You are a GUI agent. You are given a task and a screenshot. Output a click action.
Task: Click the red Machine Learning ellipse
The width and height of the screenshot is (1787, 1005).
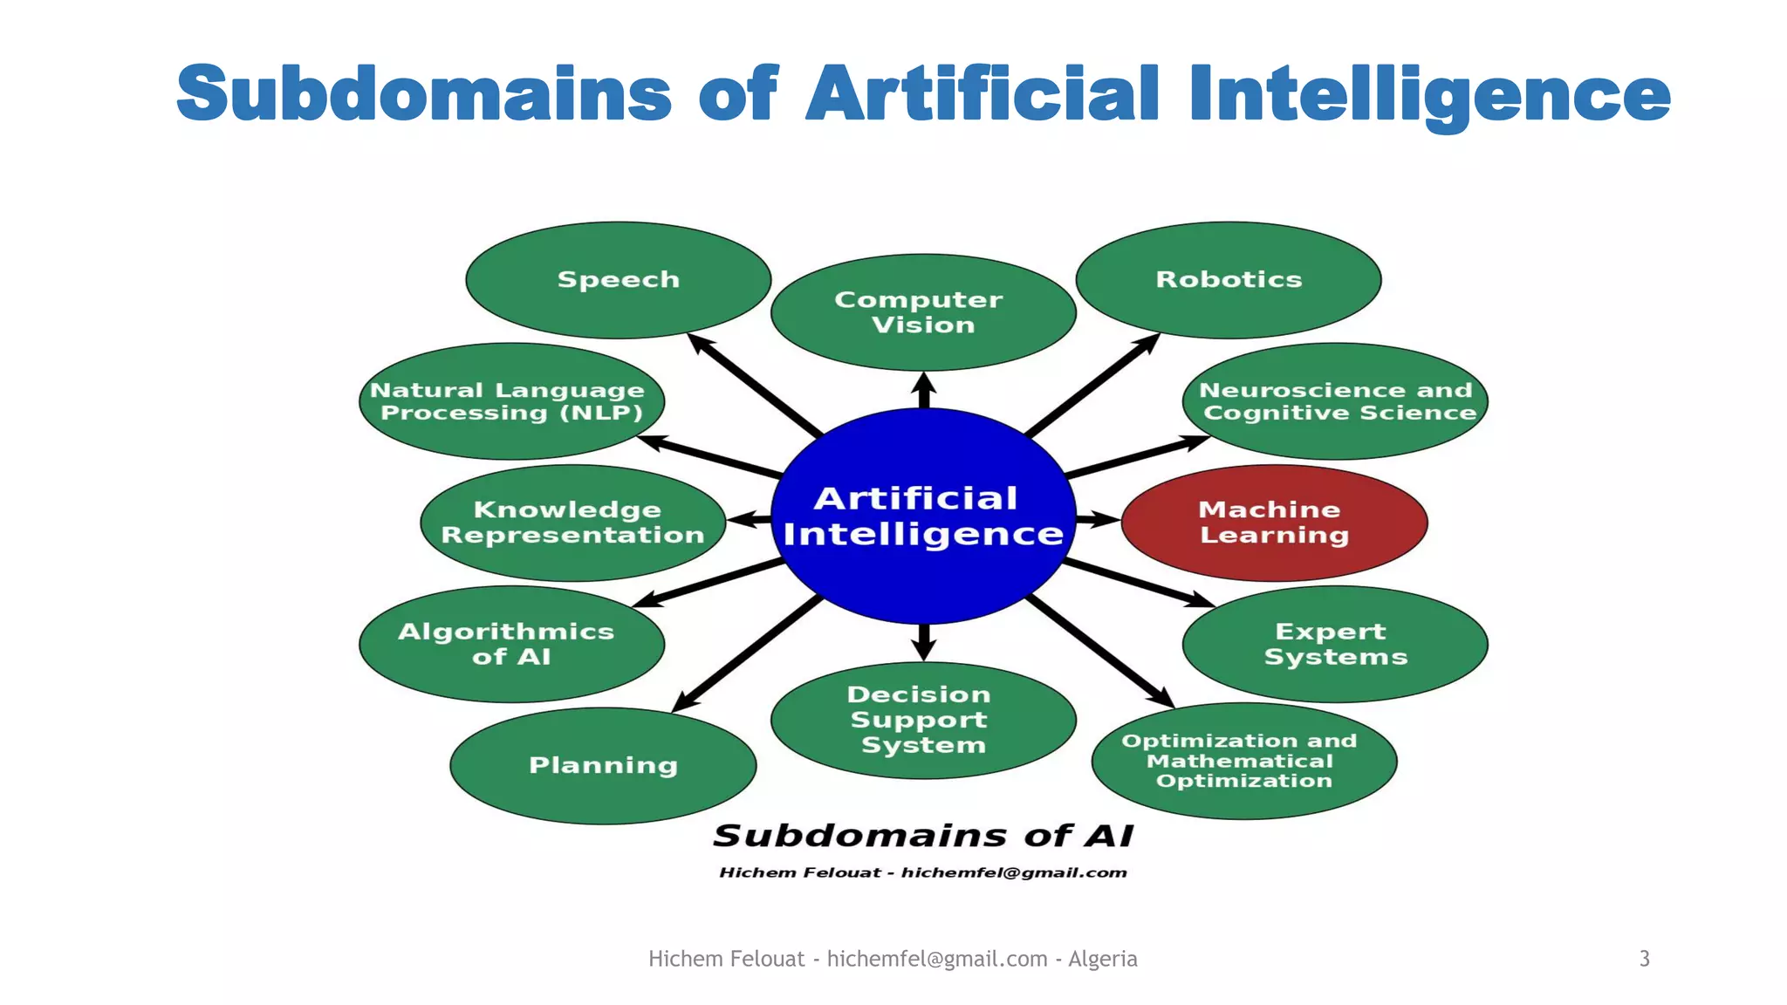click(x=1274, y=523)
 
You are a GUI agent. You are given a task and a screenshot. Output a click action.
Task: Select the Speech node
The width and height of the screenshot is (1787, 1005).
click(x=619, y=280)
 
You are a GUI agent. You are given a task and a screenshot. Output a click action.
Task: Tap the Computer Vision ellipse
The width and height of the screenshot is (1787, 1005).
click(x=923, y=312)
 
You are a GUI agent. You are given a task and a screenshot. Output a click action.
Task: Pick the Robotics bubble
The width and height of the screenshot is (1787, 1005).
click(x=1229, y=280)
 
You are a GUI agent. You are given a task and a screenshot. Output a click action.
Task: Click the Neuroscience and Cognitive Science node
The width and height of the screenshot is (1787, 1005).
click(x=1335, y=401)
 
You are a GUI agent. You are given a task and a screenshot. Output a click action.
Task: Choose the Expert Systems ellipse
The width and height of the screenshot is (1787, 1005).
click(x=1335, y=644)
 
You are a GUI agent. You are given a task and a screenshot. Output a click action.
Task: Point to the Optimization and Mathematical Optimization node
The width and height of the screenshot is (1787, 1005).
click(x=1244, y=761)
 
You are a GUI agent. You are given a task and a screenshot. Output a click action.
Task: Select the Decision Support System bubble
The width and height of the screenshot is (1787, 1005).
click(x=923, y=720)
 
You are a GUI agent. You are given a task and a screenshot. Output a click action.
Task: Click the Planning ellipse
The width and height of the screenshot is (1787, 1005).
click(x=603, y=766)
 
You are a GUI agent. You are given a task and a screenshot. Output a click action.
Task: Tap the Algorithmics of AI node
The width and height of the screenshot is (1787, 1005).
click(x=511, y=644)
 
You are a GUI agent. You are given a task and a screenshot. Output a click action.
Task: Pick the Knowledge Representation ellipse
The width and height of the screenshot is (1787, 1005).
click(x=573, y=523)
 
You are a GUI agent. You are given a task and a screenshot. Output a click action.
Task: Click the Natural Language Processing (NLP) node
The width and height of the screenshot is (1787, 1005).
click(x=511, y=401)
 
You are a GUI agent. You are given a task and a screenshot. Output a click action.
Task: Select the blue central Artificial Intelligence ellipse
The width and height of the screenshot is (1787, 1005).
click(x=923, y=516)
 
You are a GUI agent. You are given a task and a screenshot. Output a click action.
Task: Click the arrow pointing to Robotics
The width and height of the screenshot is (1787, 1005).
click(x=1093, y=385)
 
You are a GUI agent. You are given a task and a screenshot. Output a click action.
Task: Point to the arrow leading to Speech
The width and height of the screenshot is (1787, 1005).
click(x=754, y=385)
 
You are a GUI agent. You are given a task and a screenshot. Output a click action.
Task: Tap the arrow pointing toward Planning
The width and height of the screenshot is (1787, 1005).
click(x=747, y=653)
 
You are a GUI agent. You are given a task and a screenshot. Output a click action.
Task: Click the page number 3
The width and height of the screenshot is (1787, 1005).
click(x=1644, y=959)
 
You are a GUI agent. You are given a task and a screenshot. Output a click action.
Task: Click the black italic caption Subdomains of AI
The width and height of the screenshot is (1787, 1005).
click(x=923, y=836)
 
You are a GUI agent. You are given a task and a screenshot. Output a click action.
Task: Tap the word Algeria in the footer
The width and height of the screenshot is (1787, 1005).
click(x=1103, y=959)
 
